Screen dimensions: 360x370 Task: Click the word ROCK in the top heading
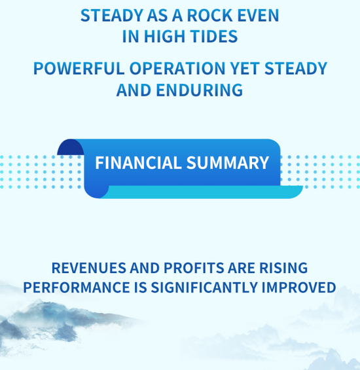point(210,16)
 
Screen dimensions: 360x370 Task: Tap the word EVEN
point(258,16)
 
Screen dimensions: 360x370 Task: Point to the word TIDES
point(213,36)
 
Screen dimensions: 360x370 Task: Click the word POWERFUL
point(79,68)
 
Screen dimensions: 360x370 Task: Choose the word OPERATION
point(177,68)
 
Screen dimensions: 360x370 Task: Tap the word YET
point(245,68)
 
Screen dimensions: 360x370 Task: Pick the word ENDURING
point(200,90)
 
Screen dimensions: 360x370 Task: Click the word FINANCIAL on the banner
point(138,163)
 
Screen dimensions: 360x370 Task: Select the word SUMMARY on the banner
point(228,163)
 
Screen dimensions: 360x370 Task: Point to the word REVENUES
point(89,268)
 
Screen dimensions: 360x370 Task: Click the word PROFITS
point(194,268)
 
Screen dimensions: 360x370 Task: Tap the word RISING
point(283,268)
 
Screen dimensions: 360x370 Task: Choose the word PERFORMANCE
point(77,287)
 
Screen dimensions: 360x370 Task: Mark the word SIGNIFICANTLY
point(204,287)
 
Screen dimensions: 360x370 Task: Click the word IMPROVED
point(298,287)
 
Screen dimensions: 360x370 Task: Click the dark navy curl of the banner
point(70,147)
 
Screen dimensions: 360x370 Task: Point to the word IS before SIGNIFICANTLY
point(140,287)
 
